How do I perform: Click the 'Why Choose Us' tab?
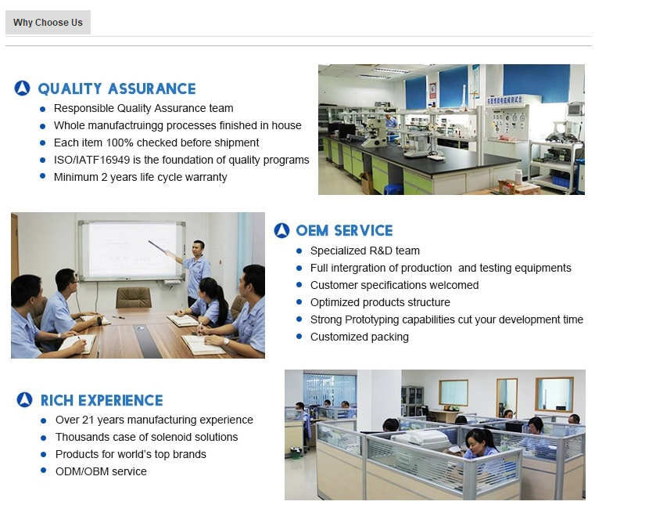[48, 22]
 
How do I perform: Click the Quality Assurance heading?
[117, 88]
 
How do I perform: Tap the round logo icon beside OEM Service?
[281, 230]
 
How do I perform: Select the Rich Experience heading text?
[102, 400]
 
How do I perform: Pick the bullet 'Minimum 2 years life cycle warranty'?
[140, 177]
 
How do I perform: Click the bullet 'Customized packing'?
[360, 337]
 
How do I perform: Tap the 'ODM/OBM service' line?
[101, 471]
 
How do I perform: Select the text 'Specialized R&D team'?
[365, 251]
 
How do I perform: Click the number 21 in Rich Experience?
[88, 420]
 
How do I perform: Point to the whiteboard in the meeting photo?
[132, 251]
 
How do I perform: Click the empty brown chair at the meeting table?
[134, 298]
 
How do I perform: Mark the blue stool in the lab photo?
[393, 189]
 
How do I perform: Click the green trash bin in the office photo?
[296, 453]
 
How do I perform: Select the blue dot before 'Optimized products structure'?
[299, 302]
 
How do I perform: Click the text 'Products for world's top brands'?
[131, 454]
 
